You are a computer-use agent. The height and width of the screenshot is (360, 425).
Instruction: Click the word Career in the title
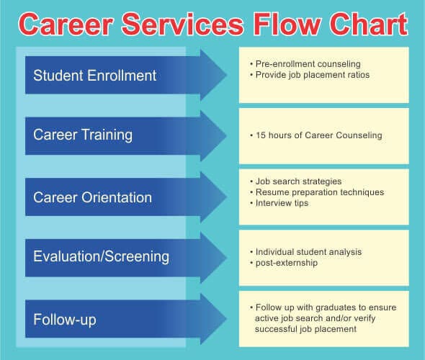66,24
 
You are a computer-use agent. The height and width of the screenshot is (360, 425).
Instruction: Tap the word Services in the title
183,24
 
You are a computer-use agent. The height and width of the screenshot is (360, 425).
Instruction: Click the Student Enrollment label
94,76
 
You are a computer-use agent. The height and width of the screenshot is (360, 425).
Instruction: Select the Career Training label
83,135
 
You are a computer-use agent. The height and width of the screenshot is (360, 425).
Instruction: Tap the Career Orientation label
92,197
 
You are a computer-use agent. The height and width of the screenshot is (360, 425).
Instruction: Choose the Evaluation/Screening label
101,256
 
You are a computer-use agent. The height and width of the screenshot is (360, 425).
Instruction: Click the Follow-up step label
65,320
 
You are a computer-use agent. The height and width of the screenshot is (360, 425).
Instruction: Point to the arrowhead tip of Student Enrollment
227,75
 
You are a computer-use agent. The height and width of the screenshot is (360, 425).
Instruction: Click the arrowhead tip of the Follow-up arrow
227,319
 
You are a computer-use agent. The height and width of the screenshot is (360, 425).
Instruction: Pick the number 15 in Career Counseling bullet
261,135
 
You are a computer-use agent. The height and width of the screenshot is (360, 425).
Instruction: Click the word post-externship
287,263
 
